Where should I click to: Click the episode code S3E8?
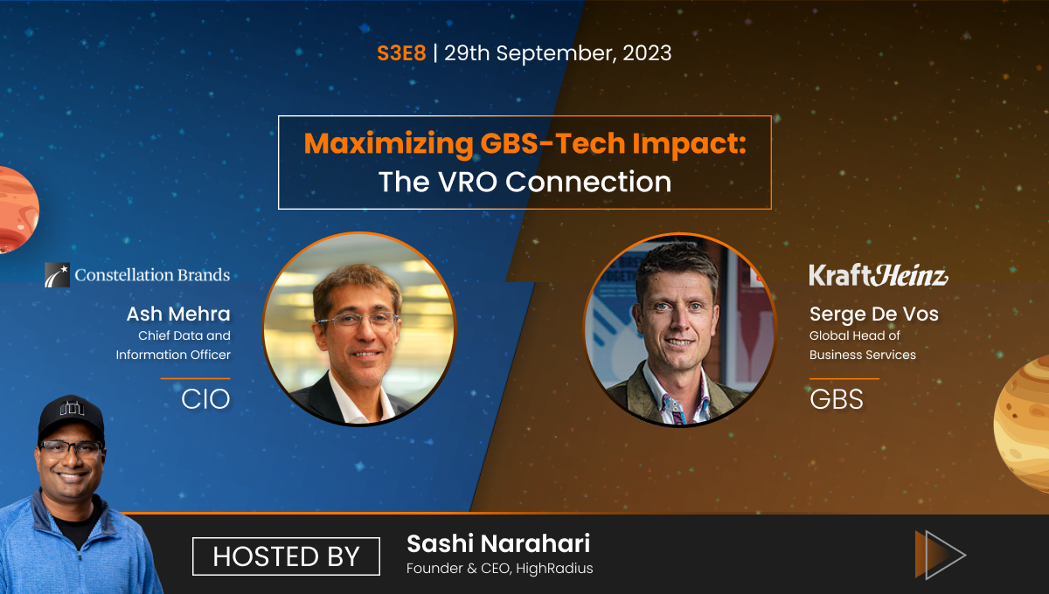401,52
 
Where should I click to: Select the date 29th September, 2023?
558,52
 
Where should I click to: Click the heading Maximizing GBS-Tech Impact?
524,143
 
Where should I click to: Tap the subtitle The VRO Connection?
524,182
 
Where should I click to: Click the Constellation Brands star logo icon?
58,275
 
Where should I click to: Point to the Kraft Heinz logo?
878,275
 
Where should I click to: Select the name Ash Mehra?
177,314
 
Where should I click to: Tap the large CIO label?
205,399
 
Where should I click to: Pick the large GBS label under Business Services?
837,399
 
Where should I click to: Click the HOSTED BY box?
286,556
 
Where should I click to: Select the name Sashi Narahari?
498,544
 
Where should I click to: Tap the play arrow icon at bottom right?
940,554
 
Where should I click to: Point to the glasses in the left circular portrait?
356,320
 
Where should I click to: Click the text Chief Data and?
184,335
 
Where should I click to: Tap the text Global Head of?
854,335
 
